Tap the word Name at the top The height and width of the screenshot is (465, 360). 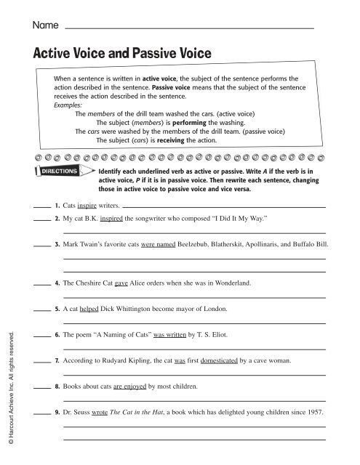point(45,25)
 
